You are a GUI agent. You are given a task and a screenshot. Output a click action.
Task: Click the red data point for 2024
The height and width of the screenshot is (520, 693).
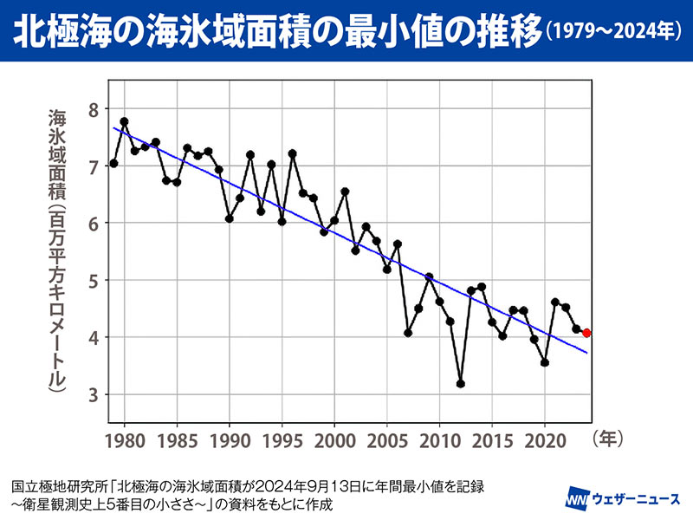pyautogui.click(x=587, y=333)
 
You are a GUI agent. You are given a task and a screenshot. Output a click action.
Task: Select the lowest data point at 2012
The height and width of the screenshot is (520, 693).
pyautogui.click(x=461, y=383)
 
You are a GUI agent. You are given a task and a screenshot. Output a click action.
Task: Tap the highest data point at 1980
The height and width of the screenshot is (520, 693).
pyautogui.click(x=125, y=121)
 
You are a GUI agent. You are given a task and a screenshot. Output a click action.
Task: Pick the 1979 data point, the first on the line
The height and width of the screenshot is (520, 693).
pyautogui.click(x=113, y=163)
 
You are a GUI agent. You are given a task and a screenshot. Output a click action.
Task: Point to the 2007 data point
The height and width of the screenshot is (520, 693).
pyautogui.click(x=408, y=333)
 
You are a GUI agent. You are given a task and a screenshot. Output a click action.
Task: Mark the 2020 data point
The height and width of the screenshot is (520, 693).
pyautogui.click(x=545, y=362)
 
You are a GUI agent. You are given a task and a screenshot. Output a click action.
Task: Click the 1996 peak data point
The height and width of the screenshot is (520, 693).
pyautogui.click(x=293, y=153)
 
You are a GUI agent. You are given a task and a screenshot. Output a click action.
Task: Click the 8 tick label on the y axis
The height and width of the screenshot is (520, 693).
pyautogui.click(x=93, y=108)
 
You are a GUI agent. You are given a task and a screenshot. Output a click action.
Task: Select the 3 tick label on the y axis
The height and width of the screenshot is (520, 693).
pyautogui.click(x=93, y=395)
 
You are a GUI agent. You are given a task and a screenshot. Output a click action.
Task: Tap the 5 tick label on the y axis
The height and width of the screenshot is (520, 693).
pyautogui.click(x=93, y=280)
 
